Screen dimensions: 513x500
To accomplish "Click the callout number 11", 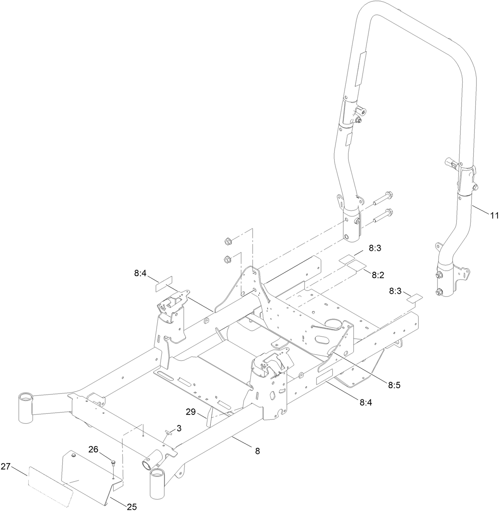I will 494,216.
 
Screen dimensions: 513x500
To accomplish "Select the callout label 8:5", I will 394,385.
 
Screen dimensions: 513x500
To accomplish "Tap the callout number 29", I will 191,412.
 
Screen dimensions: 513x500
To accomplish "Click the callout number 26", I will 93,449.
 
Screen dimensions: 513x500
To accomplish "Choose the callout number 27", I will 6,467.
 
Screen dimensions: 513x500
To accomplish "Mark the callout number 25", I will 132,506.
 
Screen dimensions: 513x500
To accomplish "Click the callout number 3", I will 179,428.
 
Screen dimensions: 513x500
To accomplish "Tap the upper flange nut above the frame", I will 228,241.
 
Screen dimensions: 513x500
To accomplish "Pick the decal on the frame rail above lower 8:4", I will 324,376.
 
